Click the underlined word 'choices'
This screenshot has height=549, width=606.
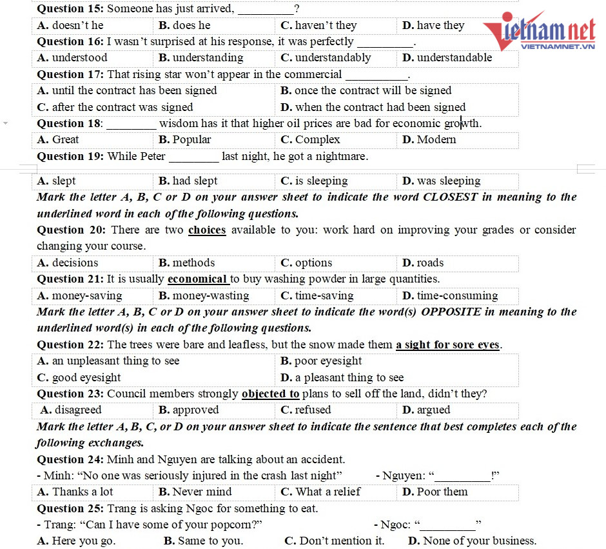point(207,230)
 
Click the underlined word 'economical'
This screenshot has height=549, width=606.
point(197,279)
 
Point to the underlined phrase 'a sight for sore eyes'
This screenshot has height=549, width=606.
point(448,345)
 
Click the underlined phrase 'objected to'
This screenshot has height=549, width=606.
point(271,394)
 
